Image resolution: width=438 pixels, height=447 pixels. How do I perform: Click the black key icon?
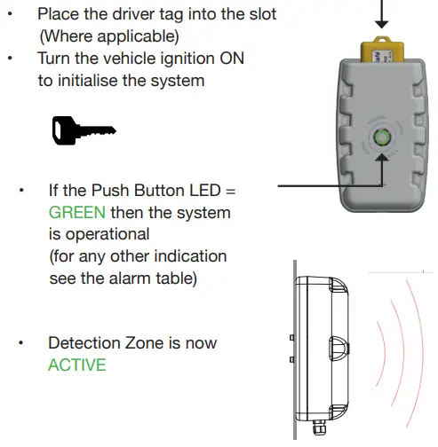pos(81,131)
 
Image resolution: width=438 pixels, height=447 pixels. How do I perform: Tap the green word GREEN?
pos(77,213)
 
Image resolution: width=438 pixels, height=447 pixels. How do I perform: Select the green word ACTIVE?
pos(76,365)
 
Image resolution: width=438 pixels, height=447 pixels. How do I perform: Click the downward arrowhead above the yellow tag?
pos(385,27)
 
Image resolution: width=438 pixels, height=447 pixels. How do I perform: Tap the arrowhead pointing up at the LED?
pos(385,160)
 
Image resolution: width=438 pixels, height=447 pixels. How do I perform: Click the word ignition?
pos(181,58)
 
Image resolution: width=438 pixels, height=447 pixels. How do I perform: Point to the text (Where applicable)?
pos(108,36)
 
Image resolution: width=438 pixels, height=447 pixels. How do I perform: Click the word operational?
pos(100,234)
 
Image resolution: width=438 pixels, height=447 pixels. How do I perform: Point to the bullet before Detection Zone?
pos(22,342)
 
